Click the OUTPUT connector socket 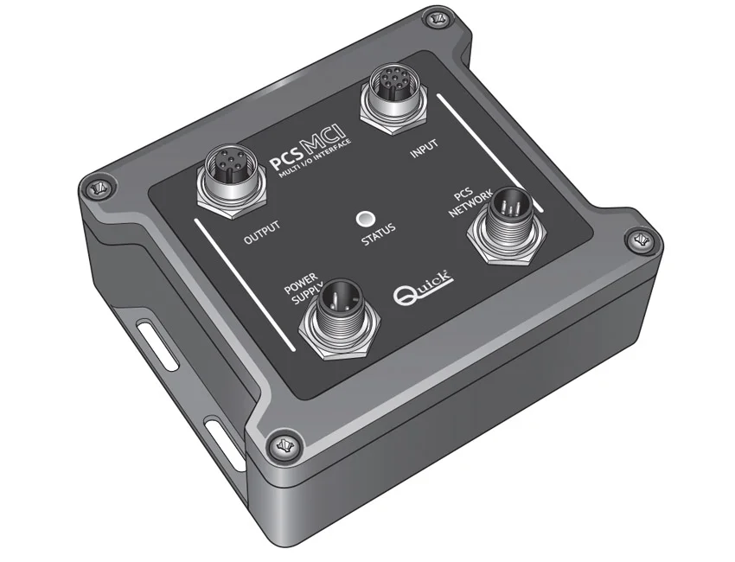[x=232, y=182]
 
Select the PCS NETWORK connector [x=508, y=225]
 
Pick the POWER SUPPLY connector [x=339, y=318]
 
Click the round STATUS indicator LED [x=366, y=219]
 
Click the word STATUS [x=378, y=234]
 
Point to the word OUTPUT [x=262, y=232]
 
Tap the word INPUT [x=425, y=148]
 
